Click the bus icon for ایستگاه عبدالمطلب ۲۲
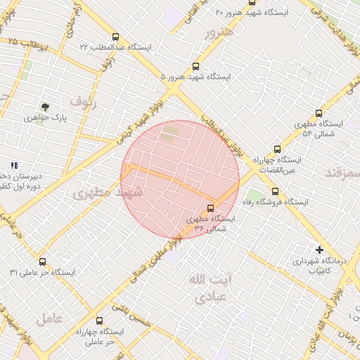point(115,37)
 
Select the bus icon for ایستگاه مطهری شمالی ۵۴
point(319,113)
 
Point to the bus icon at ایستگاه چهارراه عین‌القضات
point(277,149)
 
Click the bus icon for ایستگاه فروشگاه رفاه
point(275,191)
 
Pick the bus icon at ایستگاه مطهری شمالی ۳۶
point(210,207)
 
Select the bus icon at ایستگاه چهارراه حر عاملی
point(98,320)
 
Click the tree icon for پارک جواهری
point(46,107)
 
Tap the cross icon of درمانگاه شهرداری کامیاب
point(319,250)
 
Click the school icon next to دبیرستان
point(14,165)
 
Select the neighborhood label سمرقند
point(343,172)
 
